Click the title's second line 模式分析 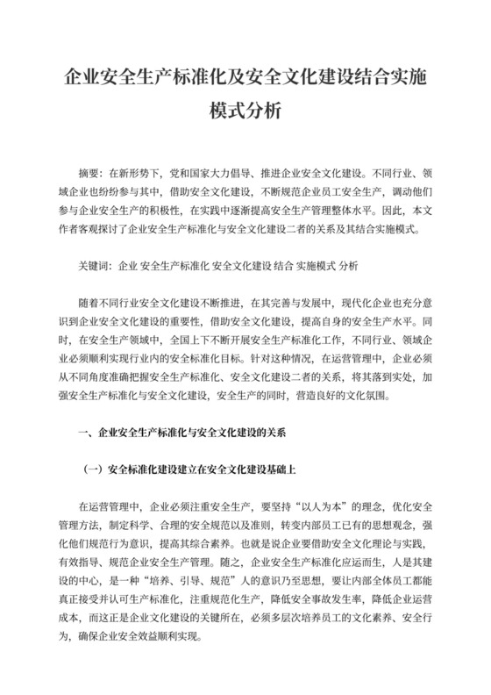pos(245,111)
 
